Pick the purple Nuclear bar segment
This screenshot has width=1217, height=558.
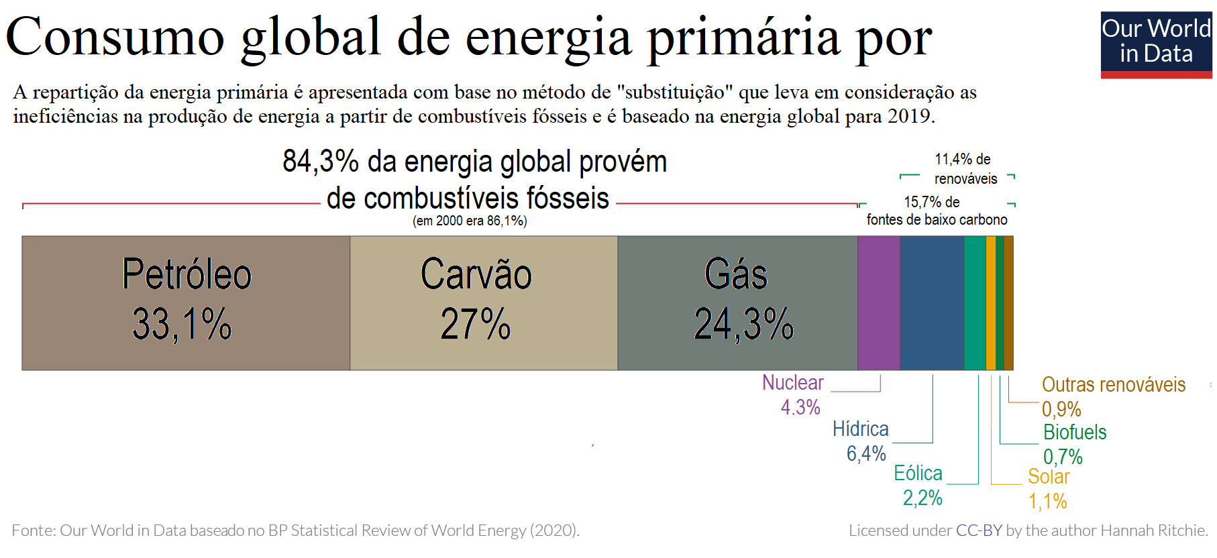[879, 302]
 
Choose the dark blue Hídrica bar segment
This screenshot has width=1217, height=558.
[932, 302]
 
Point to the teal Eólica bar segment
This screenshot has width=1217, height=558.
[975, 302]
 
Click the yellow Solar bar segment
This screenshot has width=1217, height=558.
[991, 302]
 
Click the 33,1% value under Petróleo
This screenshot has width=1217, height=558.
[182, 325]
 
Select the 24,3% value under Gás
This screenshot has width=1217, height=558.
[743, 325]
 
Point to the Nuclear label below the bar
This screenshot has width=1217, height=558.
[792, 383]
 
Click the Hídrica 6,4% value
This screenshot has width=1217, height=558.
[866, 454]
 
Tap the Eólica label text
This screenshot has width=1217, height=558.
[918, 473]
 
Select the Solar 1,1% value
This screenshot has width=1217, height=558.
[1047, 501]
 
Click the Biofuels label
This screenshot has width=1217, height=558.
[1075, 433]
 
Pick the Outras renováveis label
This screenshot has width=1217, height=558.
[1114, 385]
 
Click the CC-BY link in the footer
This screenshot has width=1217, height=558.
[979, 531]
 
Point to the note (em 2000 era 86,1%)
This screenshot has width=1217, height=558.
[470, 221]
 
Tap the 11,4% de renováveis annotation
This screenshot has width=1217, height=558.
[965, 169]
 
